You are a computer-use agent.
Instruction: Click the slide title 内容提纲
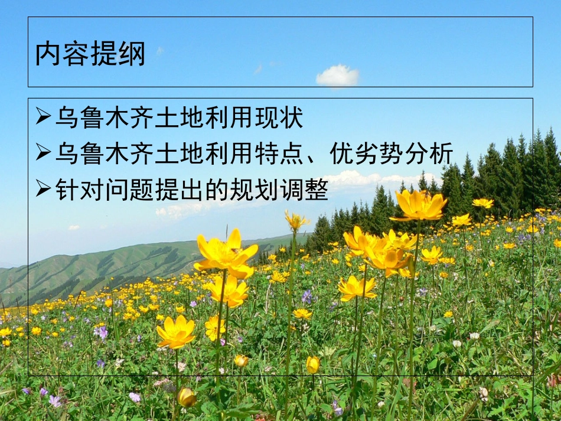click(90, 54)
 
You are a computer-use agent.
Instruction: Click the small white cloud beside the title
click(338, 76)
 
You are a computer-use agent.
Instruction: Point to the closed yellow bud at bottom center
click(312, 364)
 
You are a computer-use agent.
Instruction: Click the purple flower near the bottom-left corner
click(55, 400)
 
